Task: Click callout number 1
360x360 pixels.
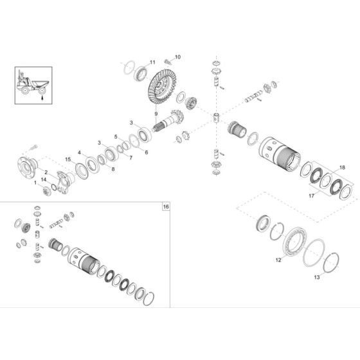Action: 35,183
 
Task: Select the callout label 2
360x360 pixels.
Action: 46,172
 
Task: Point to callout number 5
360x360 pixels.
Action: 115,137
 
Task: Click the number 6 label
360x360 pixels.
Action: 146,152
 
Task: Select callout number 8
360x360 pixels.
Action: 113,169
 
